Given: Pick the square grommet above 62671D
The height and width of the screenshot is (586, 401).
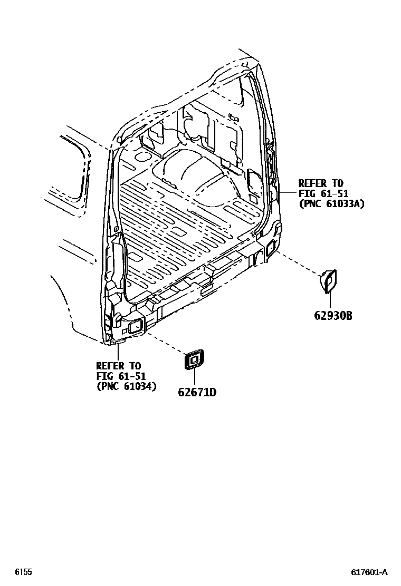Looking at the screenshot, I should coord(193,360).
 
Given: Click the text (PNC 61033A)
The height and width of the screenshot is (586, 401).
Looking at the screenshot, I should coord(331,203).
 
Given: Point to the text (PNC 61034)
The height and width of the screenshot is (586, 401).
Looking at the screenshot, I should coord(126,386).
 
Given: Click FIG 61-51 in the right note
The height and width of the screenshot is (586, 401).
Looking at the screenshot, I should coord(322,193).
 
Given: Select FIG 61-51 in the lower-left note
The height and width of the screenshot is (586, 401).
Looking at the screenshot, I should coord(121,376).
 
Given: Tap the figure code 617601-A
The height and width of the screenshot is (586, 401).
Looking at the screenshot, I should coord(369,572).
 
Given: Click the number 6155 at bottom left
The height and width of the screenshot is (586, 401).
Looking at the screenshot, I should coord(23,572).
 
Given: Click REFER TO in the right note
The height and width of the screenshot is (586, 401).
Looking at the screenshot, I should coord(321,183).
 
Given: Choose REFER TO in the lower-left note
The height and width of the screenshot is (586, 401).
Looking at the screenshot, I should coord(119,366).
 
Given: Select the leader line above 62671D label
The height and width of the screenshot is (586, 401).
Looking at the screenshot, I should coord(194,378).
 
